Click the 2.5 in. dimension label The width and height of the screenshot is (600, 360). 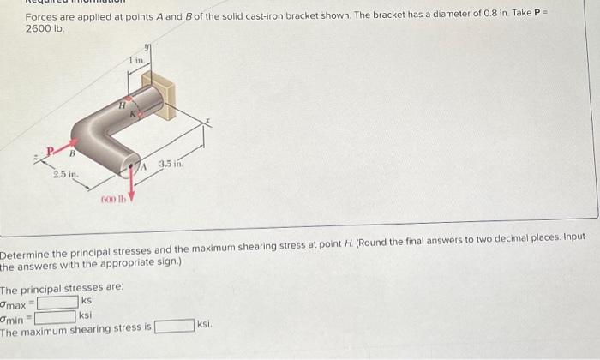pos(65,176)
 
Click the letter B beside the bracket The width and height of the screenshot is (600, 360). pos(73,155)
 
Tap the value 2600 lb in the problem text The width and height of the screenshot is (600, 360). pos(42,29)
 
